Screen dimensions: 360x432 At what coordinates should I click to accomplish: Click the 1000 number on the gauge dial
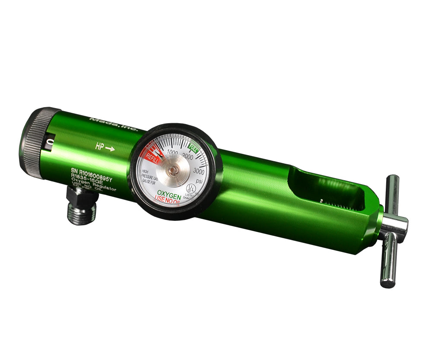(x=172, y=152)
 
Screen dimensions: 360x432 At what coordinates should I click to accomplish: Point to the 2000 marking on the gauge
(x=188, y=155)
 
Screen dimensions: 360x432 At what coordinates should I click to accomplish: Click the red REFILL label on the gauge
(x=153, y=159)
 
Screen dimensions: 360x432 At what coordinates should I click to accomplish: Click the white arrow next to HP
(x=110, y=149)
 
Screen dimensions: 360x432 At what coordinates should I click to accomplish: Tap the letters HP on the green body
(x=99, y=147)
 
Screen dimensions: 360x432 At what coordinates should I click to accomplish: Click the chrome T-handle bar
(x=391, y=231)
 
